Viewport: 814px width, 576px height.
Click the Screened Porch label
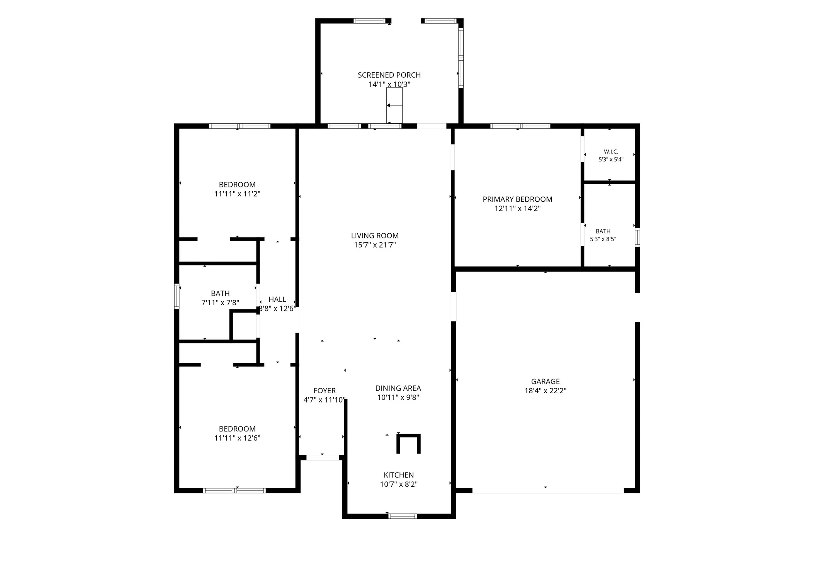[x=389, y=75]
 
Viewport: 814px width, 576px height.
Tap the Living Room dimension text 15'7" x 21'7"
[x=375, y=245]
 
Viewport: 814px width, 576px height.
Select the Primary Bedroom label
[x=517, y=199]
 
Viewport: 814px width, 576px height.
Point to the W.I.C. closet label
[x=611, y=152]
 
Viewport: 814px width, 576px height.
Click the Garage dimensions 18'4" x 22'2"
[x=545, y=391]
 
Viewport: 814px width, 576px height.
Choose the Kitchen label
[x=399, y=475]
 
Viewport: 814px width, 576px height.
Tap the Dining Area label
[x=398, y=388]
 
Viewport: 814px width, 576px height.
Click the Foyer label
[x=325, y=391]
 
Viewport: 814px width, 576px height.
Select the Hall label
[x=277, y=299]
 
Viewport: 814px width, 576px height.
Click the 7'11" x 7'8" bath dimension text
[x=220, y=302]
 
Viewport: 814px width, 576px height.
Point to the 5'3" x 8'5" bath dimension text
[x=603, y=239]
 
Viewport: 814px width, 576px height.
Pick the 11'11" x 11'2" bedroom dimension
[x=237, y=194]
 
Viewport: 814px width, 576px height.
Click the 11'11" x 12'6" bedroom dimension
[x=237, y=438]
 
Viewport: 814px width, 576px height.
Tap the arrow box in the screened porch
[x=394, y=105]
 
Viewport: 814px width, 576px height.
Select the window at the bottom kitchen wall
[x=403, y=516]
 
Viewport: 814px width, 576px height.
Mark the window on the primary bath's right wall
[x=637, y=237]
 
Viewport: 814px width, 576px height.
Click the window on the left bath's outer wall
[x=177, y=296]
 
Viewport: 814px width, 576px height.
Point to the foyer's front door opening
[x=322, y=458]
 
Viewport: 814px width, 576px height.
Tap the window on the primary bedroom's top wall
[x=520, y=126]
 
